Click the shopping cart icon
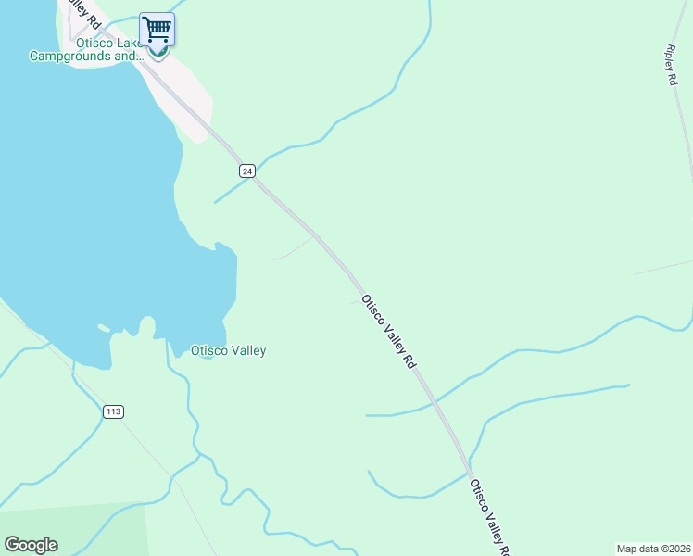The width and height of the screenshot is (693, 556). (x=157, y=29)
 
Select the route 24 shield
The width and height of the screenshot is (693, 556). (x=246, y=171)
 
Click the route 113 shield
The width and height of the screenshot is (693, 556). (x=113, y=411)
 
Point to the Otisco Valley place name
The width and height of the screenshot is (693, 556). (x=228, y=350)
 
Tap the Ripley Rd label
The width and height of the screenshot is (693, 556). (x=671, y=66)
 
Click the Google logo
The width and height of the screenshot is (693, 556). (x=31, y=545)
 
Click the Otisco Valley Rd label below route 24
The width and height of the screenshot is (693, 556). (x=388, y=332)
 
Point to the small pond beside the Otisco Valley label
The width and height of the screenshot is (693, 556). (x=207, y=357)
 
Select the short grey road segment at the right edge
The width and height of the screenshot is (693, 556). (x=663, y=267)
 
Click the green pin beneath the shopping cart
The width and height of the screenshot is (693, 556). (x=157, y=55)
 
